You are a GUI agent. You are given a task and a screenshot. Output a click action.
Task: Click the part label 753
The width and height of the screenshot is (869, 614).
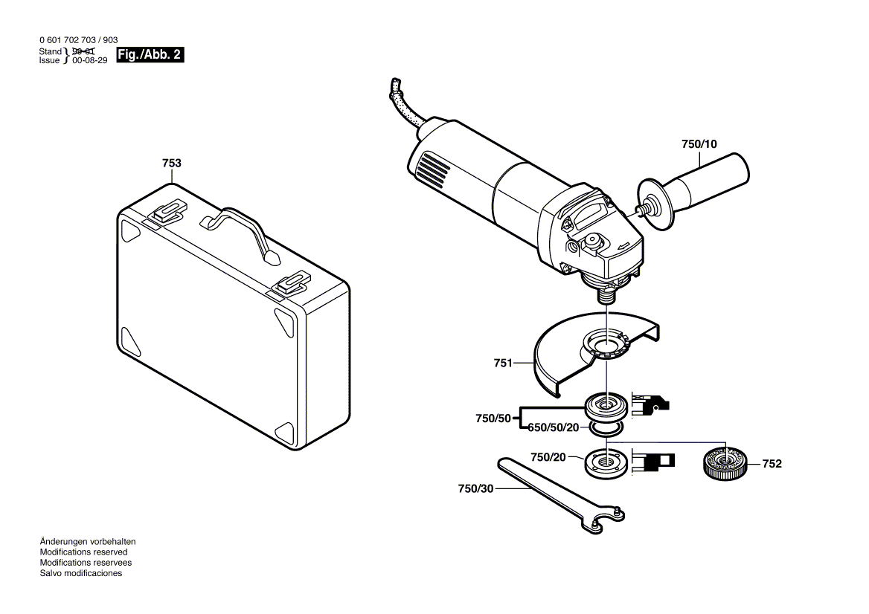(172, 163)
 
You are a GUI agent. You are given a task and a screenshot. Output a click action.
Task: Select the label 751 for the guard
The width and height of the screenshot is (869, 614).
(503, 363)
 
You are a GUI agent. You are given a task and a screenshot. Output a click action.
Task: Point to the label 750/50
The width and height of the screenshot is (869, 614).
(493, 419)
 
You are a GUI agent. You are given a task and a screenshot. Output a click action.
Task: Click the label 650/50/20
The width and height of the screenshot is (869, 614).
(553, 427)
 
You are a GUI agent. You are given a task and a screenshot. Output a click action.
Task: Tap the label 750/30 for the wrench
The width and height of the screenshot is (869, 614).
(475, 488)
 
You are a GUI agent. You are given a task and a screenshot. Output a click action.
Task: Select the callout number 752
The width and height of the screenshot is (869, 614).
(772, 464)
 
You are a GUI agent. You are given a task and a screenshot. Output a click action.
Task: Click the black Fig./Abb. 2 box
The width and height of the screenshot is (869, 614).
(150, 56)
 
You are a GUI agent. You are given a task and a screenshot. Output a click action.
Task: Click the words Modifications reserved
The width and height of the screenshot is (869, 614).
(83, 552)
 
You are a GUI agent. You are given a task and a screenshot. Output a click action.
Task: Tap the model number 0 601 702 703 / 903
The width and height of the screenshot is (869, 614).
(77, 40)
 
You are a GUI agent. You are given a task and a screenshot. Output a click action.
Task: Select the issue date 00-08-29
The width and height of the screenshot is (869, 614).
(90, 61)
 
